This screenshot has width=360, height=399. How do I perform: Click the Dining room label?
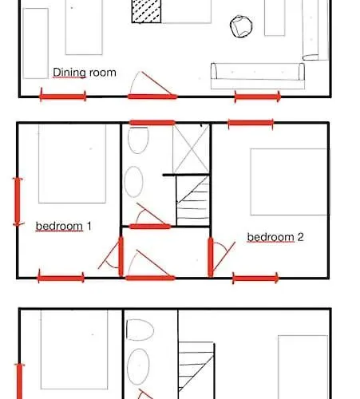tap(85, 73)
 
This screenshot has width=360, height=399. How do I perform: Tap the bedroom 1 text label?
tap(64, 227)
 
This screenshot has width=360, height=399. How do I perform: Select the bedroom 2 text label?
tap(275, 237)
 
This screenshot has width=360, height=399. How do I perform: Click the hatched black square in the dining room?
tap(146, 11)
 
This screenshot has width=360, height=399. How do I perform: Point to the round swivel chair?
tap(241, 26)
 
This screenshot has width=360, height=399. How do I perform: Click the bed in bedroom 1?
tap(72, 164)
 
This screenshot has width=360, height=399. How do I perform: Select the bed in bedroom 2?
tap(289, 182)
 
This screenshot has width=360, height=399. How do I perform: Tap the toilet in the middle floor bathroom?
tap(138, 140)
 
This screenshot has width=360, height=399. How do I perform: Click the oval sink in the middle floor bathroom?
tap(133, 182)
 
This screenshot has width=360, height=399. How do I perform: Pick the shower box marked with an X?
tap(191, 149)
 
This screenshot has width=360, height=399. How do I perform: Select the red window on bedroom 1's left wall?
tap(18, 202)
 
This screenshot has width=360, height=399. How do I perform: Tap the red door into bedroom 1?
tap(121, 256)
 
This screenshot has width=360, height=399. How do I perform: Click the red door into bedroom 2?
tap(211, 257)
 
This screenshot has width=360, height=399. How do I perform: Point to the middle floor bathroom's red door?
tap(150, 227)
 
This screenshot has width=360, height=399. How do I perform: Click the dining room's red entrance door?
tap(152, 97)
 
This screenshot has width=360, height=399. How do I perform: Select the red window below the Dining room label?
tap(63, 96)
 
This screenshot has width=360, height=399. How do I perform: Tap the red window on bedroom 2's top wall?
tap(251, 123)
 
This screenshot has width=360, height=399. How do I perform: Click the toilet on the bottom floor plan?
tap(140, 330)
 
